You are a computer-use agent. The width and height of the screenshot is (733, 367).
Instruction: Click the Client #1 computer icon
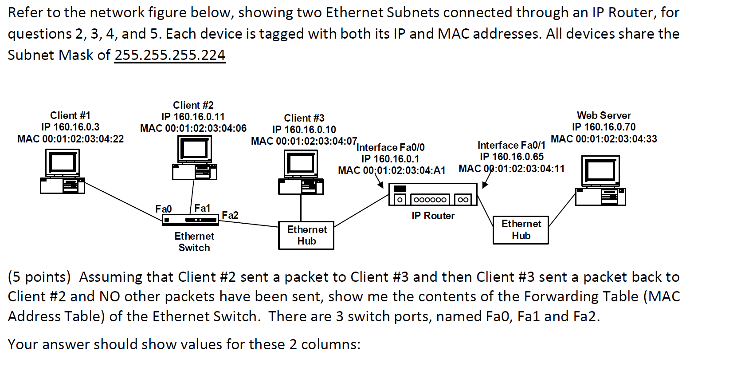[x=62, y=171]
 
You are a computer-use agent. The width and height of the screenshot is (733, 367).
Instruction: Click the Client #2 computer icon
[x=194, y=158]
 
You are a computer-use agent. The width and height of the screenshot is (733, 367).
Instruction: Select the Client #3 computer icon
[x=301, y=172]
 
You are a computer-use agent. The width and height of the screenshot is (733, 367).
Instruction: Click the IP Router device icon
[x=433, y=195]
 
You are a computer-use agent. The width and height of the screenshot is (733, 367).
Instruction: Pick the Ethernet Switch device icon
[x=190, y=220]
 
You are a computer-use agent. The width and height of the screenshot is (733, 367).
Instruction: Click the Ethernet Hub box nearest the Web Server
[x=521, y=230]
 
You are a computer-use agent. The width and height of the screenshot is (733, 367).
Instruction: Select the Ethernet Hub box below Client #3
[x=306, y=236]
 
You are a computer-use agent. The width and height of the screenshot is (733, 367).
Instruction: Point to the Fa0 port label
[x=163, y=209]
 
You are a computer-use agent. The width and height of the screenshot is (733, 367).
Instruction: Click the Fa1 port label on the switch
[x=202, y=208]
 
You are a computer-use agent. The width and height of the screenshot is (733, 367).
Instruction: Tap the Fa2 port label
[x=230, y=215]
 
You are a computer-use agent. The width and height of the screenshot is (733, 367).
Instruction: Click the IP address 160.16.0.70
[x=609, y=127]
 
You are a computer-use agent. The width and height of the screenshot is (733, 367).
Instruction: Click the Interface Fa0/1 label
[x=511, y=145]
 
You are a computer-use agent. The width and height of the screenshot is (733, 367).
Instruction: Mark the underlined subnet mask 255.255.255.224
[x=170, y=55]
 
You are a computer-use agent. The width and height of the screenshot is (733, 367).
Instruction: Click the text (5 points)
[x=39, y=277]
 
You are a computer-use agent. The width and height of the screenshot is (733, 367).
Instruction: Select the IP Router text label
[x=433, y=216]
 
